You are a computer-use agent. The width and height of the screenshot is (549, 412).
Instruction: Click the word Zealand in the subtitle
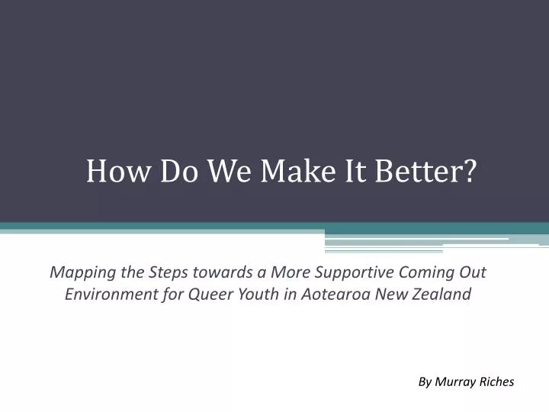pyautogui.click(x=442, y=294)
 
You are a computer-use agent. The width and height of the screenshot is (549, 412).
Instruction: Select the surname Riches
pyautogui.click(x=496, y=381)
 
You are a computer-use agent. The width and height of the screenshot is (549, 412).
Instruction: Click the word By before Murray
pyautogui.click(x=425, y=381)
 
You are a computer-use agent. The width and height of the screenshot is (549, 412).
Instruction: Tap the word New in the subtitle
pyautogui.click(x=393, y=294)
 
